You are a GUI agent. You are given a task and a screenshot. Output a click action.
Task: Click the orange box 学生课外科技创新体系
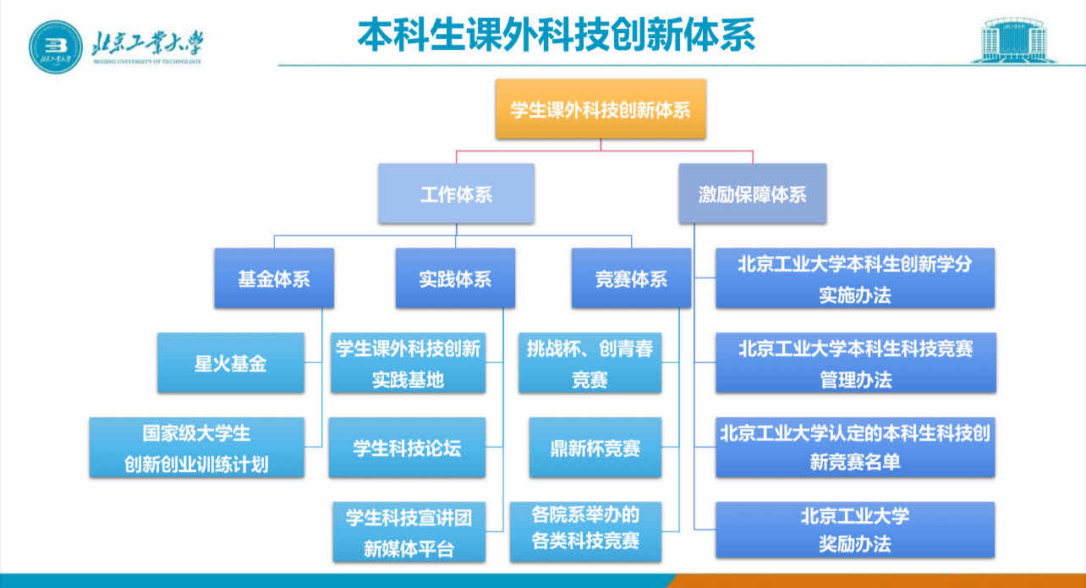[x=601, y=109]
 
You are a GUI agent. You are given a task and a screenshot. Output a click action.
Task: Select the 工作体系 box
[x=456, y=194]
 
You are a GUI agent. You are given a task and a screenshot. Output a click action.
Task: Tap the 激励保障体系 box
[x=752, y=194]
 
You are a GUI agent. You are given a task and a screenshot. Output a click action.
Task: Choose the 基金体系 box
[x=274, y=278]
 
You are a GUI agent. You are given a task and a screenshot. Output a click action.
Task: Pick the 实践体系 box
[x=455, y=278]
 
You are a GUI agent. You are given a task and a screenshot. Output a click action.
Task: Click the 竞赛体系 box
[x=631, y=278]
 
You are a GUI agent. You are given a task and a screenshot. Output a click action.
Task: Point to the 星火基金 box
[x=231, y=363]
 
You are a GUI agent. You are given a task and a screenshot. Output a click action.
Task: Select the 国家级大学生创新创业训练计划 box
[x=197, y=448]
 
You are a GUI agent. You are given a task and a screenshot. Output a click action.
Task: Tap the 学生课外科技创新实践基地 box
[x=409, y=363]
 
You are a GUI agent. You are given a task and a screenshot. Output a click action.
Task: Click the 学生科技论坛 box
[x=409, y=448]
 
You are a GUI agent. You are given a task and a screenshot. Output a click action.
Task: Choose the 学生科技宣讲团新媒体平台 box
[x=409, y=532]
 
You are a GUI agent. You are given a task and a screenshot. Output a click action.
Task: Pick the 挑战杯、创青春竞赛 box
[x=590, y=363]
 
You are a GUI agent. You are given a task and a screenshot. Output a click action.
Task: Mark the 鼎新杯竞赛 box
[x=595, y=448]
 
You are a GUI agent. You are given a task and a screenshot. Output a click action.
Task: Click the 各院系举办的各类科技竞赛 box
[x=585, y=530]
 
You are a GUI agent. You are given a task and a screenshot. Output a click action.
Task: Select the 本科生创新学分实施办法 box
[x=855, y=278]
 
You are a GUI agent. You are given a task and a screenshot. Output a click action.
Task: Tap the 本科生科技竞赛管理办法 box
[x=855, y=363]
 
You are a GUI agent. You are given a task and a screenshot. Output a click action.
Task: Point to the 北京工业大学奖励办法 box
[x=855, y=530]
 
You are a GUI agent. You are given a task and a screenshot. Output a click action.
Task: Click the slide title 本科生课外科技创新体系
[x=556, y=36]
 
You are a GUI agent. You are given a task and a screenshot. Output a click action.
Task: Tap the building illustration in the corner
[x=1013, y=39]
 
